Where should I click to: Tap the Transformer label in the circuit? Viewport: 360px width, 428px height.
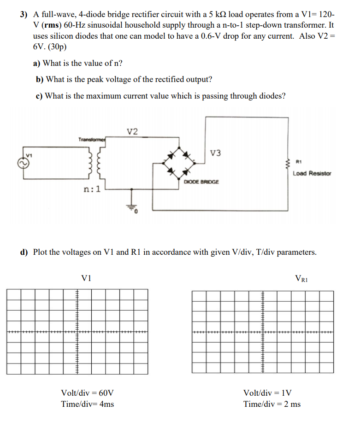pos(92,139)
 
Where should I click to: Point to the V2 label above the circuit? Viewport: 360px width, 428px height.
pos(132,132)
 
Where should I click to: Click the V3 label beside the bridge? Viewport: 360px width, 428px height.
pos(215,153)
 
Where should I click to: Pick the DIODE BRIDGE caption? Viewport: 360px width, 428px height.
pos(201,182)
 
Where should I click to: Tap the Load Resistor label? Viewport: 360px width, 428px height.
pos(312,173)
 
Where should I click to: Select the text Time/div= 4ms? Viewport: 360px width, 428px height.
pos(88,404)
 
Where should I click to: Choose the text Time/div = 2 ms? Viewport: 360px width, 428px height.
pos(272,404)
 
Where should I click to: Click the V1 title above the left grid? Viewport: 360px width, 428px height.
pos(86,278)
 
